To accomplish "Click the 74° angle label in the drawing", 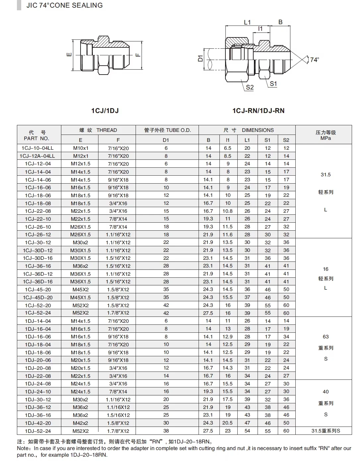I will point(314,60).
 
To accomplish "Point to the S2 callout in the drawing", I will point(250,87).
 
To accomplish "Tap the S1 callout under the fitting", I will point(273,84).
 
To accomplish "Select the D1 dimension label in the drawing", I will point(200,59).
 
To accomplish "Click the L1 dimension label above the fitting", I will point(247,23).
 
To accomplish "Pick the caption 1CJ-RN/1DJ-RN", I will point(258,111).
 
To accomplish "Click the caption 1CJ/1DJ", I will point(105,111).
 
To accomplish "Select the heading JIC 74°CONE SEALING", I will point(65,5).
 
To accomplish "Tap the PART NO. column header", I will point(36,138).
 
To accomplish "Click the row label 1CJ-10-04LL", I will point(37,148).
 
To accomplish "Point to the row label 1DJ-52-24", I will point(38,431).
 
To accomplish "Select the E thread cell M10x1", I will point(81,148).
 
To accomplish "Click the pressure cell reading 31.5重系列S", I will point(326,431).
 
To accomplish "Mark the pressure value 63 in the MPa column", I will point(326,337).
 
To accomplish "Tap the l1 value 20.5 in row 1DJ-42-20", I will point(227,423).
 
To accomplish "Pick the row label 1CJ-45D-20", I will point(38,297).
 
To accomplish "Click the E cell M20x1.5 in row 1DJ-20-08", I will point(81,368).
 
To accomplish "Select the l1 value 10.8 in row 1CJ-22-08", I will point(227,211).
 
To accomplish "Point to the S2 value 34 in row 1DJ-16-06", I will point(286,337).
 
